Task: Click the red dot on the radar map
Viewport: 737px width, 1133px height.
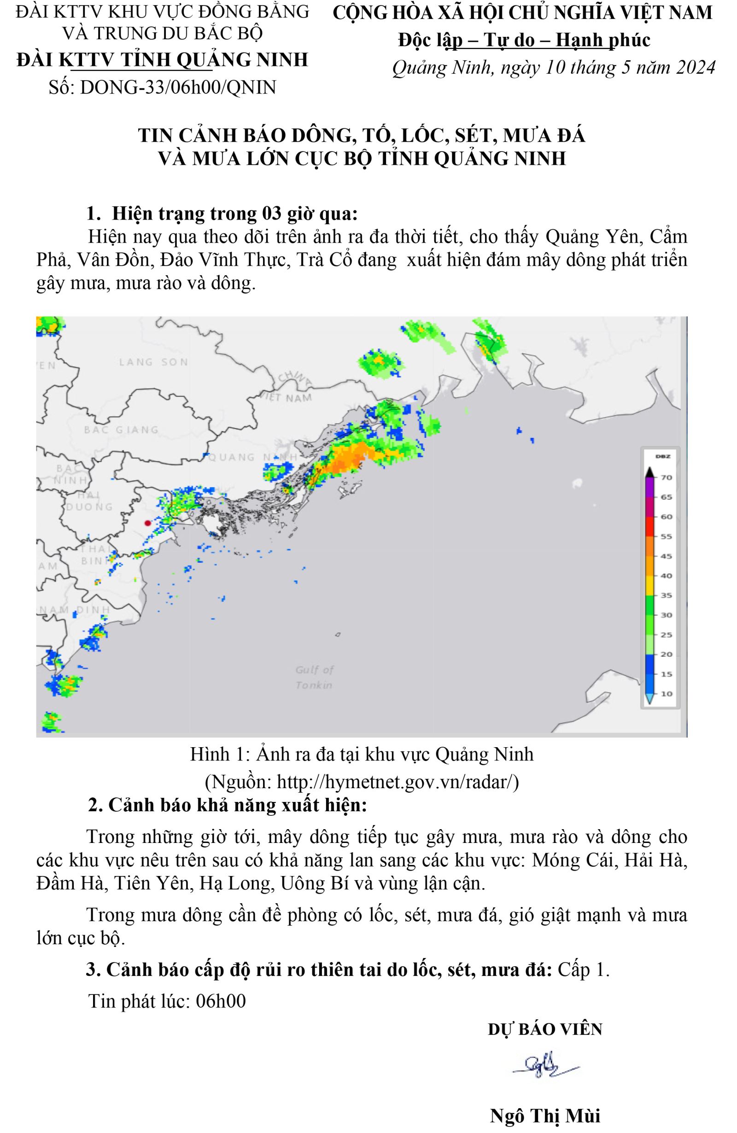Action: (x=148, y=523)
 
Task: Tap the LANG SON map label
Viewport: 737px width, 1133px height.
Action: (x=153, y=362)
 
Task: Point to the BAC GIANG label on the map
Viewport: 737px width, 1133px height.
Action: (x=121, y=430)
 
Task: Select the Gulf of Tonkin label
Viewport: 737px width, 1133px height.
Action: (x=315, y=677)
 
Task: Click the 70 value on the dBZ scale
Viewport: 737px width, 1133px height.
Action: (x=666, y=477)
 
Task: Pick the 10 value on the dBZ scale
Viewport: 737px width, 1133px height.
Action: (x=666, y=694)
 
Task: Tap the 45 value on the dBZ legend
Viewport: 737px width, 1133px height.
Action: (x=666, y=556)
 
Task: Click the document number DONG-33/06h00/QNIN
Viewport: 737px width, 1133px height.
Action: (x=178, y=87)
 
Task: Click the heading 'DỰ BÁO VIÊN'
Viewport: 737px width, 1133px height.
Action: (x=544, y=1029)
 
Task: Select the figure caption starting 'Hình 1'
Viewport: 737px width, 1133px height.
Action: (x=362, y=755)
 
